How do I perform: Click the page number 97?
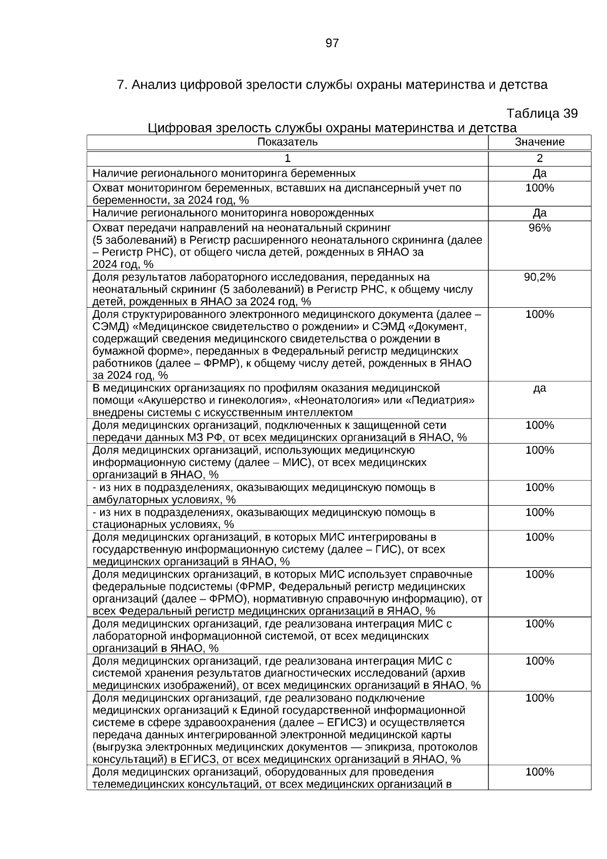tap(332, 44)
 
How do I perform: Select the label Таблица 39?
tap(542, 113)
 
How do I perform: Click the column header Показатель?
tap(287, 142)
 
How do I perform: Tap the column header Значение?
tap(539, 142)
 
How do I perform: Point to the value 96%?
tap(539, 228)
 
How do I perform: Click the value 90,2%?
tap(539, 277)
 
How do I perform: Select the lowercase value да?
tap(539, 389)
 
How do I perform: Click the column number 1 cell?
tap(287, 158)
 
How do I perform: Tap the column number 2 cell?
tap(539, 158)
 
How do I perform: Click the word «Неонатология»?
tap(329, 400)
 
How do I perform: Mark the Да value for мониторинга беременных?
tap(539, 174)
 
